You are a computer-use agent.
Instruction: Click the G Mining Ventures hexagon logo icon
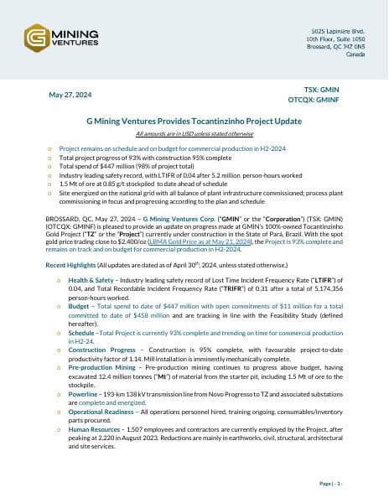(x=36, y=39)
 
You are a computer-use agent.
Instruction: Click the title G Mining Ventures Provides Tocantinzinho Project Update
(x=194, y=122)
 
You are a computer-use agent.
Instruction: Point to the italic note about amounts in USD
(x=194, y=134)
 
